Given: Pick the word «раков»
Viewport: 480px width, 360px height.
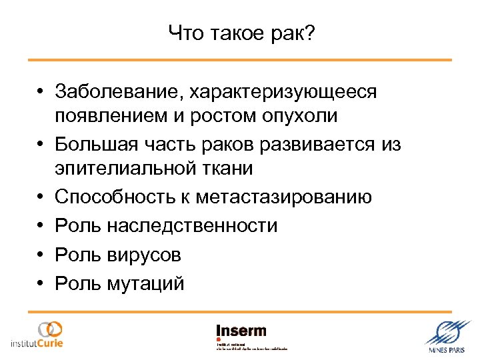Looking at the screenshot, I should coord(217,143).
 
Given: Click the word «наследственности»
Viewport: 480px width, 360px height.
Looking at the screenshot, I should coord(191,226).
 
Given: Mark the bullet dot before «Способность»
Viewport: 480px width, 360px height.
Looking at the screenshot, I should coord(41,197).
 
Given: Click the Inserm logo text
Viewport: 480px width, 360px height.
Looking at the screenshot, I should coord(241,330).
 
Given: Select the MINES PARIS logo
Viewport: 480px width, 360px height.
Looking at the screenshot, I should coord(447,338).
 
